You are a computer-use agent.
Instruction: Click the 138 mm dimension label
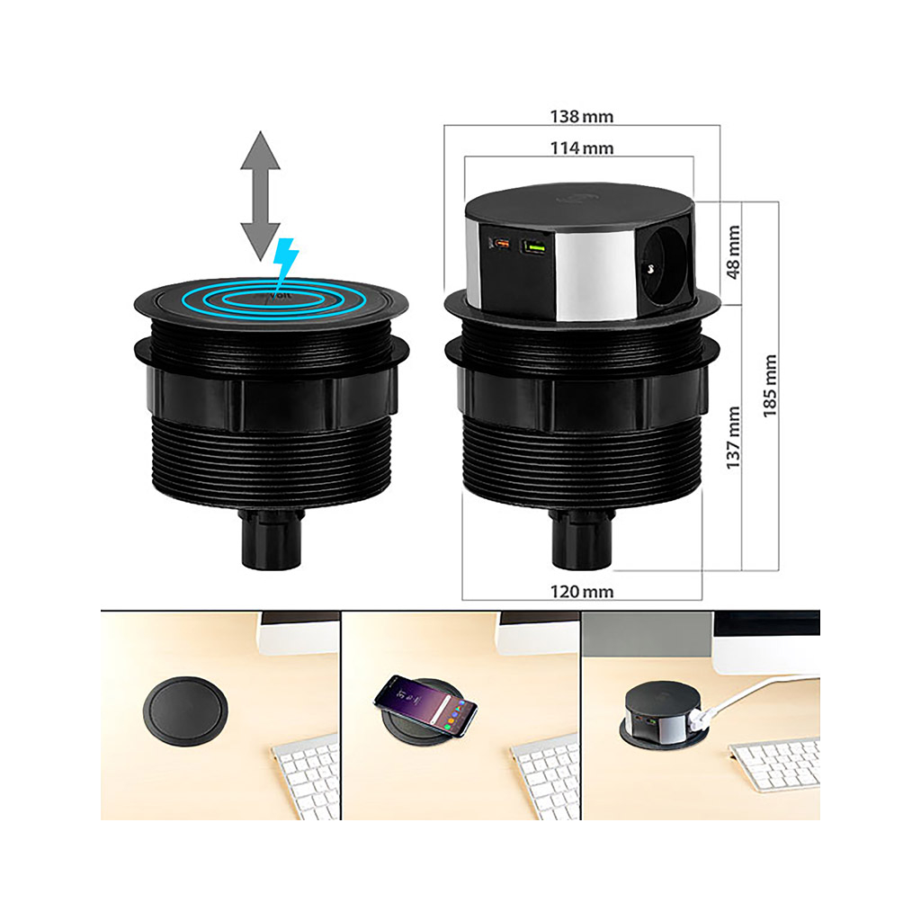tap(582, 116)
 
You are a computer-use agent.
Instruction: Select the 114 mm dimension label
tap(582, 148)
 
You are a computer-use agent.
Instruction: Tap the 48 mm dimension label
tap(733, 252)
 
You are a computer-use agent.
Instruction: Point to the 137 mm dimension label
tap(733, 438)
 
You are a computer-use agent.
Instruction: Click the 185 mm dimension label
tap(770, 386)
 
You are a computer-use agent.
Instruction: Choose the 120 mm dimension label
tap(582, 591)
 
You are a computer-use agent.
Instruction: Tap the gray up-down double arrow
tap(260, 195)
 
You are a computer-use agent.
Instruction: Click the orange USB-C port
tap(501, 243)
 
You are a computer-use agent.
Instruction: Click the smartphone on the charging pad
tap(425, 705)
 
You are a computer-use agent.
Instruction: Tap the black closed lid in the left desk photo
tap(185, 711)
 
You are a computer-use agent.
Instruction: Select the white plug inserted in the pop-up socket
tap(701, 719)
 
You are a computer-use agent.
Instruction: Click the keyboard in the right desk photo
tap(774, 764)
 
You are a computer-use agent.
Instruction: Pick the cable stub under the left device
tap(272, 540)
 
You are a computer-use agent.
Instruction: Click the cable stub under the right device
tap(582, 540)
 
